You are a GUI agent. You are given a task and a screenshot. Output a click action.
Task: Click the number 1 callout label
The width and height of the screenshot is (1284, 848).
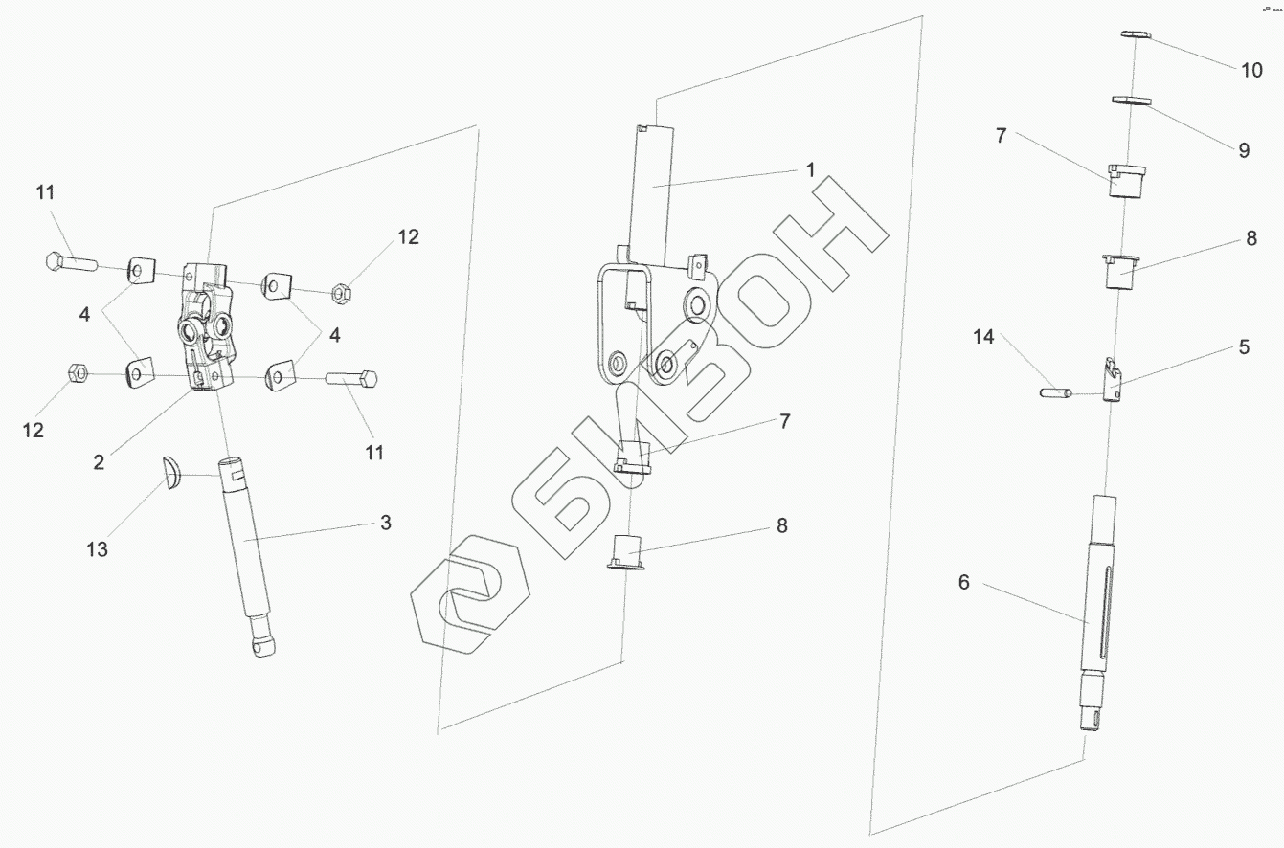pyautogui.click(x=810, y=169)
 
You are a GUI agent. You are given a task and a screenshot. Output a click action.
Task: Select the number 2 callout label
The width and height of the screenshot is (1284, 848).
pyautogui.click(x=100, y=460)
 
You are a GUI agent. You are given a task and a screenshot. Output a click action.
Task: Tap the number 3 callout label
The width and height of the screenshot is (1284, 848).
pyautogui.click(x=386, y=523)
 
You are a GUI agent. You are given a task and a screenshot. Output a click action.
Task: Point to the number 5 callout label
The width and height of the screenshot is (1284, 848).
pyautogui.click(x=1244, y=347)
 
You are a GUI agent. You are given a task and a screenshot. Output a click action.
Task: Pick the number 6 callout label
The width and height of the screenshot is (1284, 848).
pyautogui.click(x=963, y=581)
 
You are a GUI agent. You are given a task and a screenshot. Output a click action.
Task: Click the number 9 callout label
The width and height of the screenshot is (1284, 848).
pyautogui.click(x=1244, y=150)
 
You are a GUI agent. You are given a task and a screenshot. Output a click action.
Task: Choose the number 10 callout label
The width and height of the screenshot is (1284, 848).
pyautogui.click(x=1251, y=70)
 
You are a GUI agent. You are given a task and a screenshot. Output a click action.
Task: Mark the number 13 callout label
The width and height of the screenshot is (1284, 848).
pyautogui.click(x=98, y=548)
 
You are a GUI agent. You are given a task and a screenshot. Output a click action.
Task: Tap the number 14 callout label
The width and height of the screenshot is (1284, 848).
pyautogui.click(x=983, y=337)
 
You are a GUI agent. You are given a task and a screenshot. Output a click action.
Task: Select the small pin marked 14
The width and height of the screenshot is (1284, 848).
pyautogui.click(x=1052, y=391)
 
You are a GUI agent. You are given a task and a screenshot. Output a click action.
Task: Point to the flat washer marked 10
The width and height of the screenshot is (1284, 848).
pyautogui.click(x=1134, y=34)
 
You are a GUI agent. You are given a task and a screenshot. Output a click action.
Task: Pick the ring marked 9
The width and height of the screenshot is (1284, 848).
pyautogui.click(x=1130, y=99)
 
